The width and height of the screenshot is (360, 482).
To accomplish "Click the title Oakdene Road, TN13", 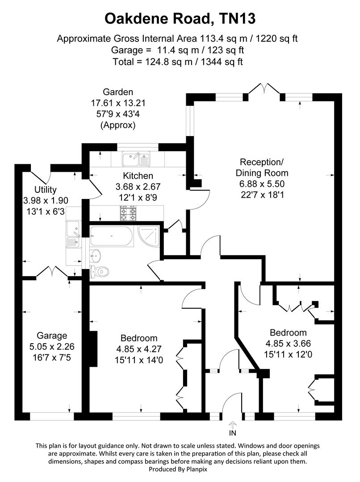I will (180, 19).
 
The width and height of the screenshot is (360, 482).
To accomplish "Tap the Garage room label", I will (52, 336).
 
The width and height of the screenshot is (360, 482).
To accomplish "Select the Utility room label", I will (46, 190).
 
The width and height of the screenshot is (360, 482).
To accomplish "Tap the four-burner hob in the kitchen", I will (128, 213).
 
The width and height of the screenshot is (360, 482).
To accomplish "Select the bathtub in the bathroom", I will (111, 236).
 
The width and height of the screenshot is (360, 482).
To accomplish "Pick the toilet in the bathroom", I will (100, 270).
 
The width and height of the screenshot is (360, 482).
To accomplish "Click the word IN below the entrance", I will (232, 432).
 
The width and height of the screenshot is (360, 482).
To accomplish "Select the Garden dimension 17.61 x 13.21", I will (118, 103).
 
